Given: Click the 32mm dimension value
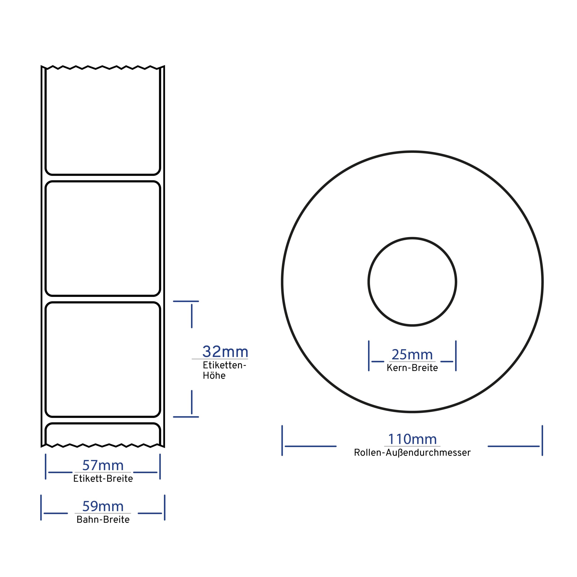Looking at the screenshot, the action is point(225,352).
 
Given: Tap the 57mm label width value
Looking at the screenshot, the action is point(103,465).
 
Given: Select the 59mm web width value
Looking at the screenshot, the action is point(103,506).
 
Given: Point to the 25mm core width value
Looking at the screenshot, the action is point(412,355).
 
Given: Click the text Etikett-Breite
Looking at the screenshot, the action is point(103,479).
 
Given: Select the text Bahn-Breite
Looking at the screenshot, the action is point(103,520).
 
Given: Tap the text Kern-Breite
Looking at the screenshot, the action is point(412,368).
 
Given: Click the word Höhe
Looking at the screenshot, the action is point(214,376).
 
